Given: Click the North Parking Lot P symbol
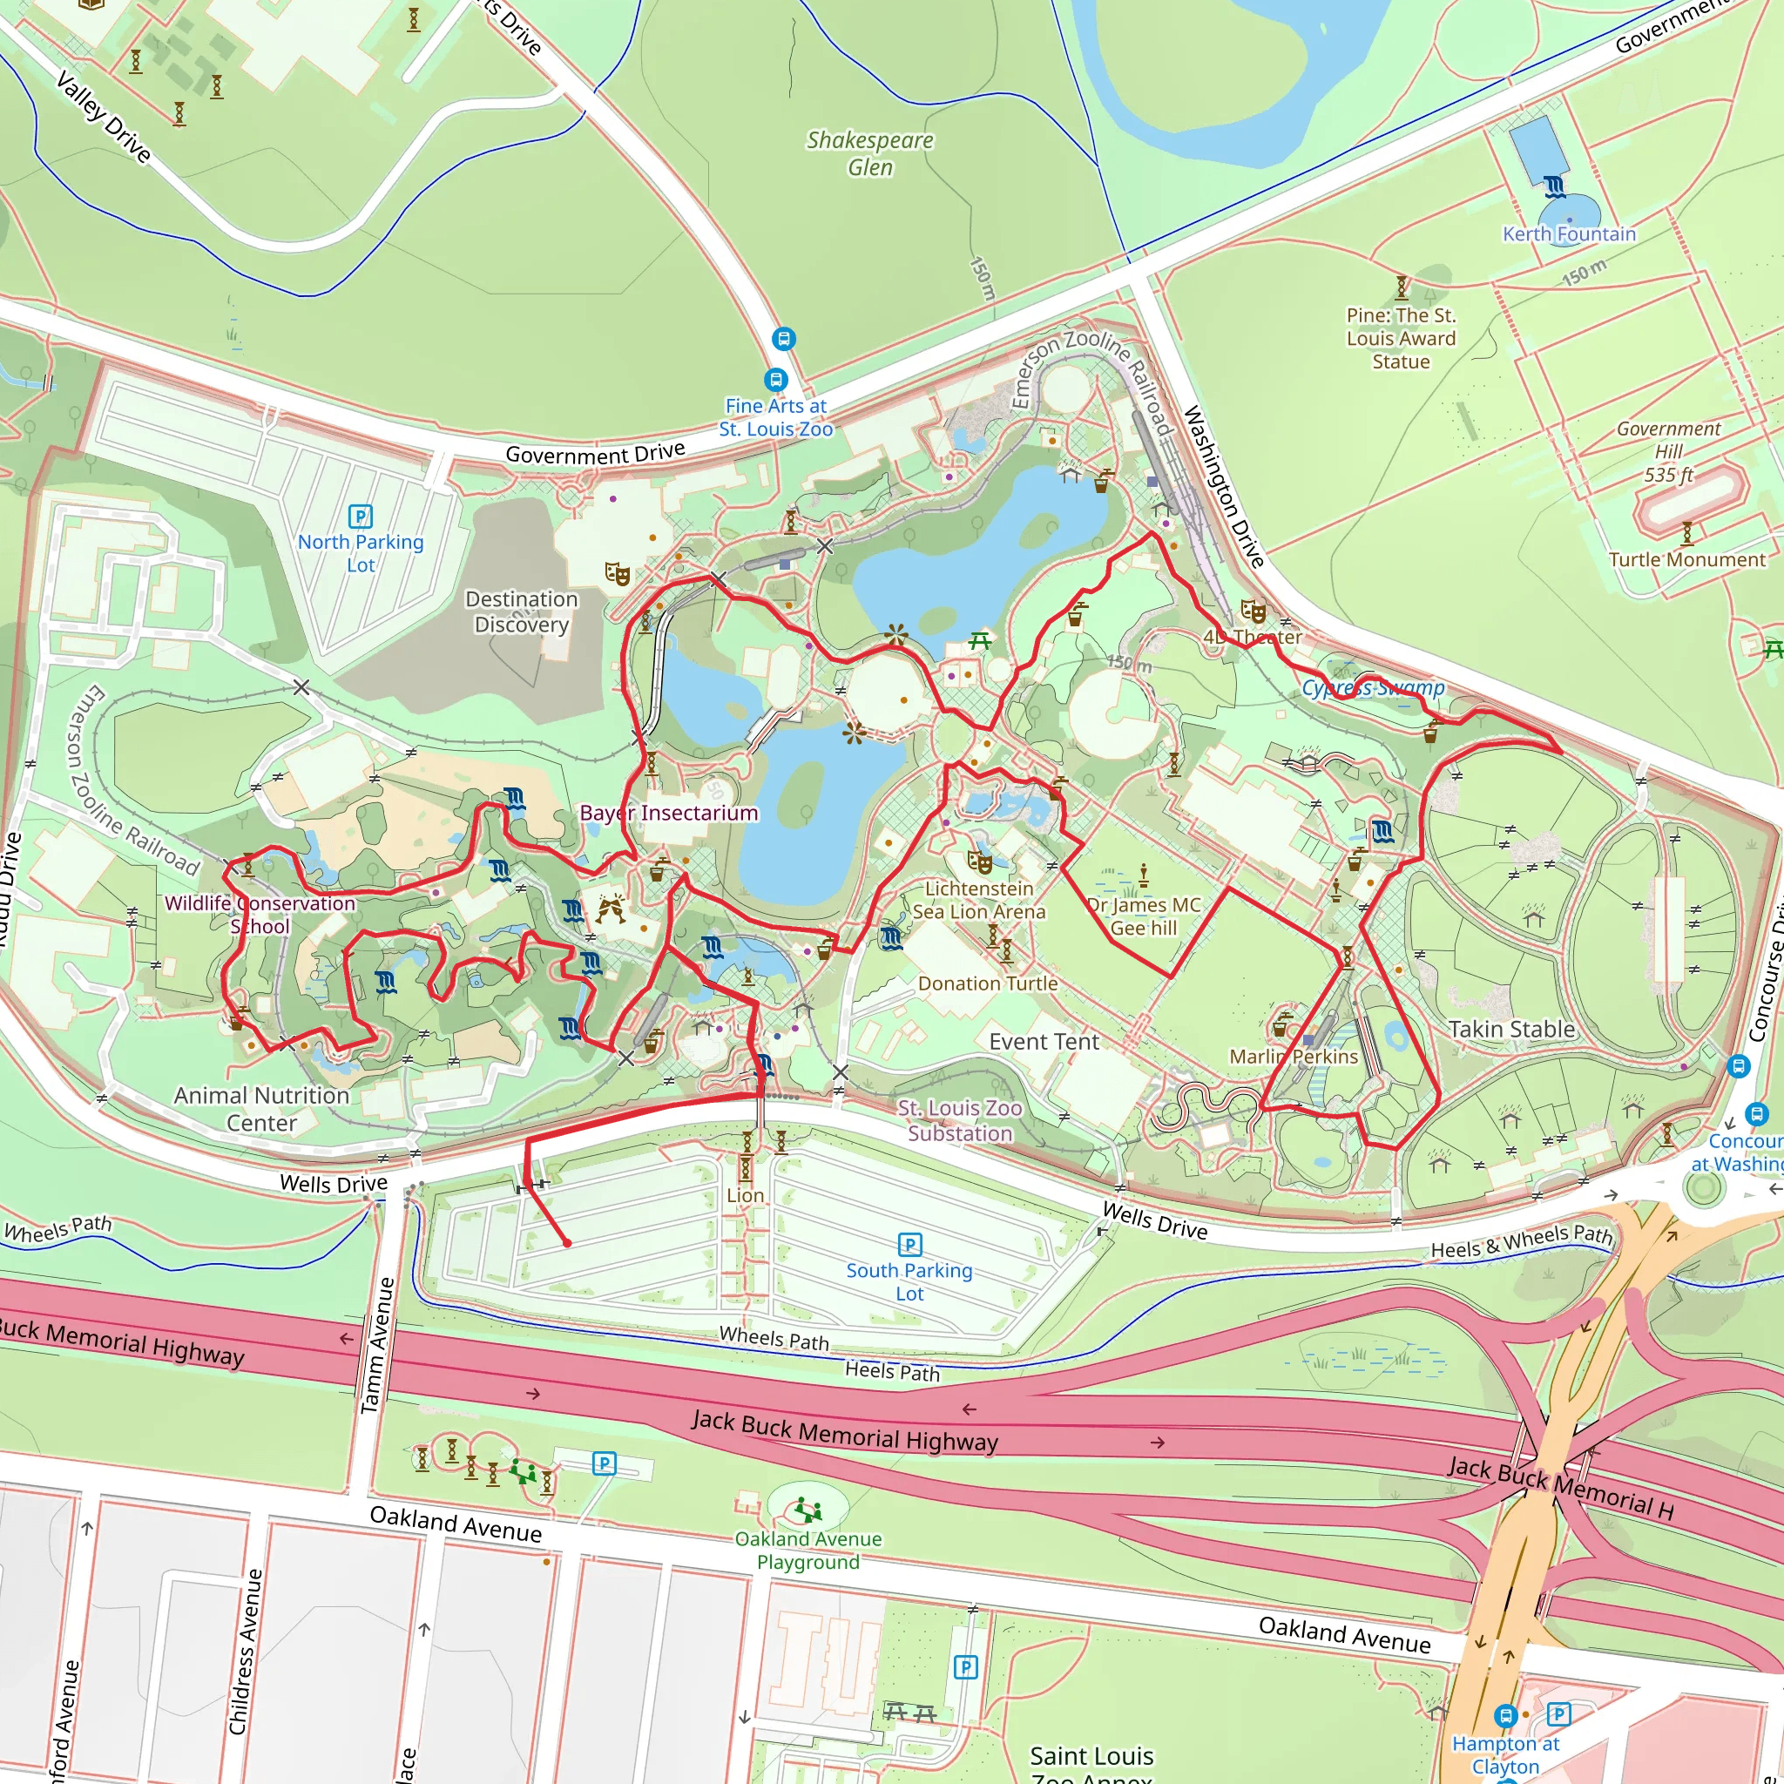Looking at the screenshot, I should [x=360, y=517].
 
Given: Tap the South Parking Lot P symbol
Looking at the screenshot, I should [x=909, y=1245].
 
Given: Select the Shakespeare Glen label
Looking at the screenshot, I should [x=870, y=153].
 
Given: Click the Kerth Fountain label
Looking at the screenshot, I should [x=1569, y=233].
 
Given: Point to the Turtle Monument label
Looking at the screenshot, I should [x=1687, y=559].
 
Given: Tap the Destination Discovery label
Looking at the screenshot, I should [x=522, y=612].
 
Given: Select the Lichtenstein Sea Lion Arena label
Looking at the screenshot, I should [x=979, y=899].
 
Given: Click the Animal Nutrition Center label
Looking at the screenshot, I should [x=261, y=1108].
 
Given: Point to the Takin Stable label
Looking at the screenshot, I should [x=1511, y=1029].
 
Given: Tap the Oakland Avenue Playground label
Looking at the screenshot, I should [x=808, y=1551].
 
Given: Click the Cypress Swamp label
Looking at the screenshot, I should [x=1373, y=687].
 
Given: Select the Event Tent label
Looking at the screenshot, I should [x=1044, y=1042].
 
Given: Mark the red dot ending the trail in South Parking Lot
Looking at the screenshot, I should [x=567, y=1243].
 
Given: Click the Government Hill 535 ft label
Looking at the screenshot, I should [x=1668, y=451].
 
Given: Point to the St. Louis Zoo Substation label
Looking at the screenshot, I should [x=959, y=1120].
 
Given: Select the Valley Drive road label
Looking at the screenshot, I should [x=104, y=118].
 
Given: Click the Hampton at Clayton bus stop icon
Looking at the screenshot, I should [x=1506, y=1716].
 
